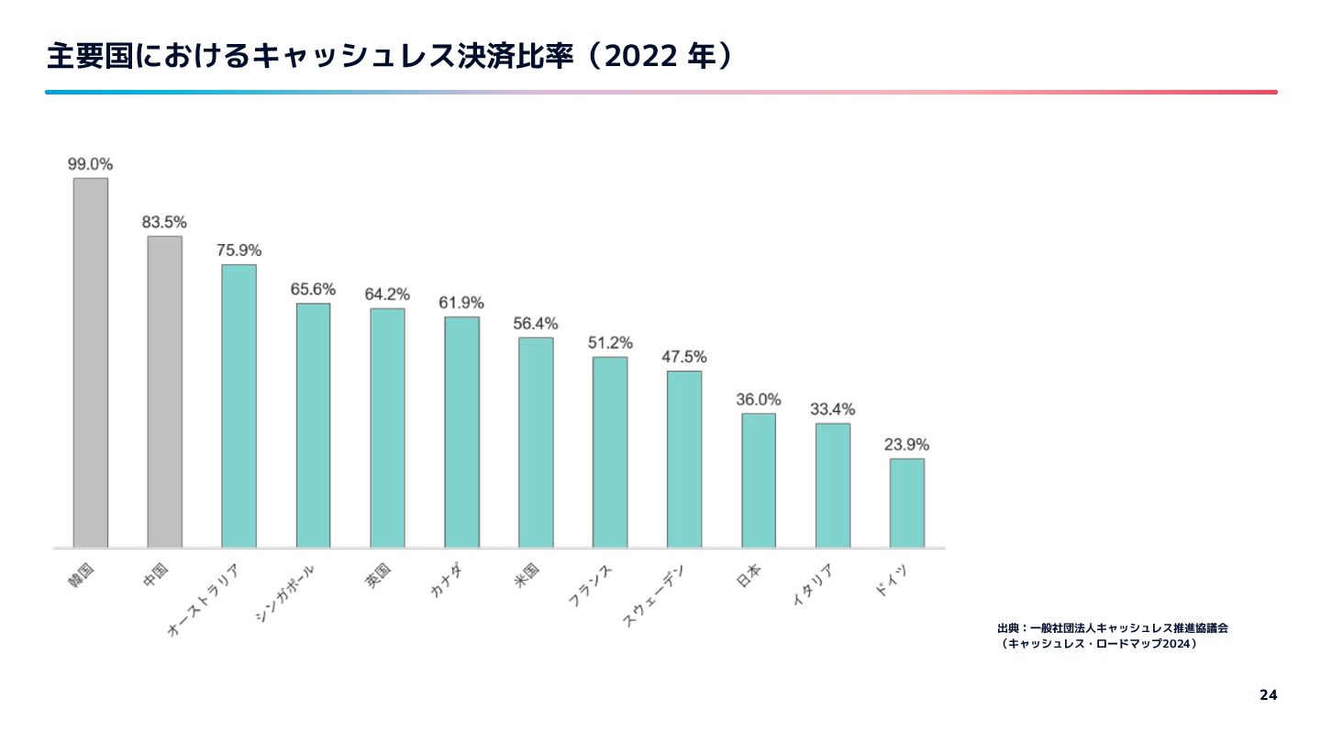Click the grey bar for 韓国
pyautogui.click(x=91, y=362)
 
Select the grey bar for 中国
pyautogui.click(x=165, y=392)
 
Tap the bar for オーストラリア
pyautogui.click(x=239, y=405)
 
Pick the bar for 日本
pyautogui.click(x=759, y=480)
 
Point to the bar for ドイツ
pyautogui.click(x=906, y=503)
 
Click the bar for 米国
pyautogui.click(x=536, y=442)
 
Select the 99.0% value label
pyautogui.click(x=90, y=164)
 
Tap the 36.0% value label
pyautogui.click(x=759, y=400)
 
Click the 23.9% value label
pyautogui.click(x=906, y=445)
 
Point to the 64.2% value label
pyautogui.click(x=387, y=294)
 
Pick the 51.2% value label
pyautogui.click(x=610, y=343)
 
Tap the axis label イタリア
pyautogui.click(x=813, y=586)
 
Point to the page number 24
pyautogui.click(x=1268, y=694)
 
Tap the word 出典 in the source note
pyautogui.click(x=1008, y=628)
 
